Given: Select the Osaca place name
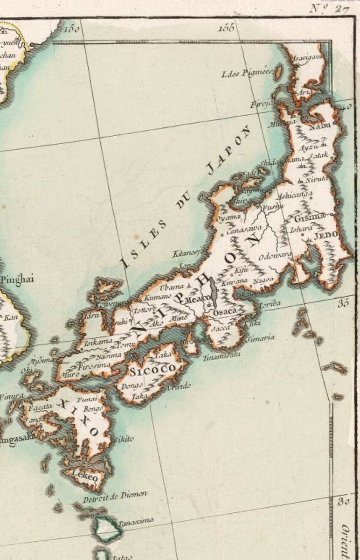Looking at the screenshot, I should (x=225, y=311).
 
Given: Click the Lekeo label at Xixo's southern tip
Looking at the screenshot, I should (x=85, y=477).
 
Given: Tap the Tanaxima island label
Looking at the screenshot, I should (x=136, y=521).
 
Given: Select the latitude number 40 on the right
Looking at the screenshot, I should (x=346, y=107).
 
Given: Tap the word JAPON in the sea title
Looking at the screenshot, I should (x=229, y=150).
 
